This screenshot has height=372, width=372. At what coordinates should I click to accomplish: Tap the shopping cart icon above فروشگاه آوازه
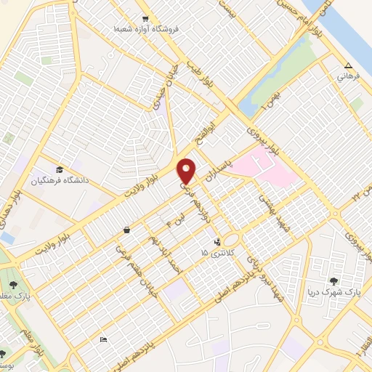(145, 19)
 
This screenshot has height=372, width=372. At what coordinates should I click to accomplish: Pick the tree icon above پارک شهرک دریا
(334, 280)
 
